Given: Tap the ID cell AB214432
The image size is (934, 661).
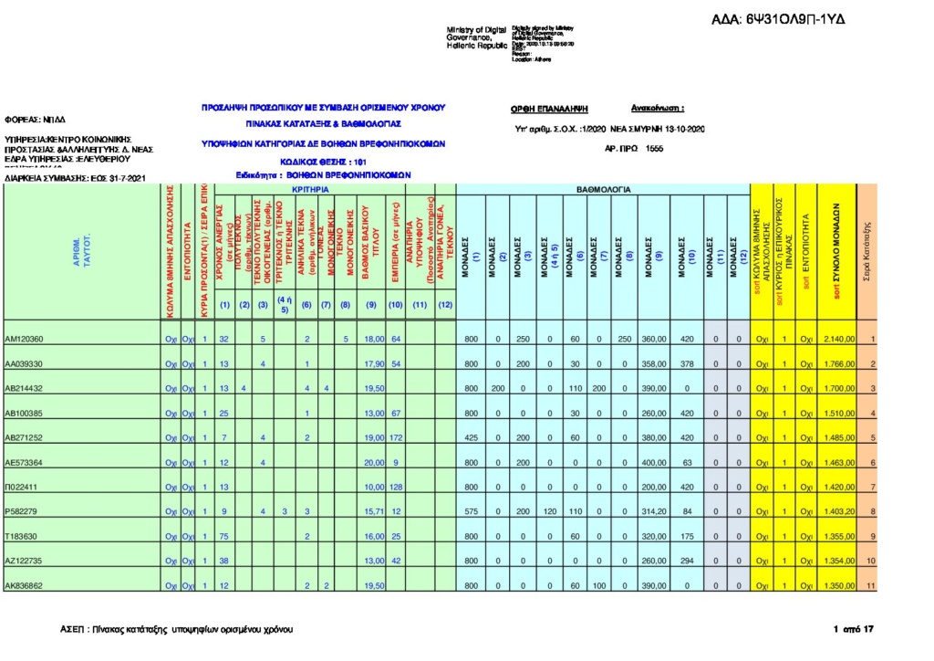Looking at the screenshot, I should pos(24,388).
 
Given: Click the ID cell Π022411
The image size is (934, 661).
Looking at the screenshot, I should pos(21,487).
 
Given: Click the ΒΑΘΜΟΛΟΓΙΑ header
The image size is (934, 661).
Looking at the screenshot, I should pos(603,189).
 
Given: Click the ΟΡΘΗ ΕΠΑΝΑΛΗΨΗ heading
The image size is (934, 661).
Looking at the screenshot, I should pos(549,108).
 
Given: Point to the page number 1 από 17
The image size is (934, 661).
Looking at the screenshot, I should pos(854,629).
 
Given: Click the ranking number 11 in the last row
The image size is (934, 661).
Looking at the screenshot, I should pos(871,585).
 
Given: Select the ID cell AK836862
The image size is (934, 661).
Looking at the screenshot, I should pos(24,585).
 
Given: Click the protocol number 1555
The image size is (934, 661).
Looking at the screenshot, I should pos(654,148).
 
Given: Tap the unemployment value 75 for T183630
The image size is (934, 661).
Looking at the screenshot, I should pos(223,536).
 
